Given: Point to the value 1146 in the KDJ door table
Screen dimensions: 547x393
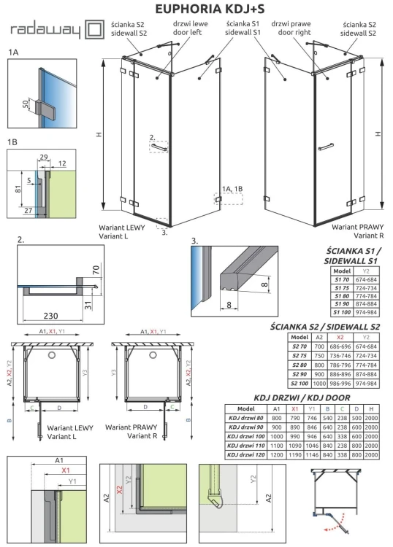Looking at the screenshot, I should [x=312, y=453].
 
